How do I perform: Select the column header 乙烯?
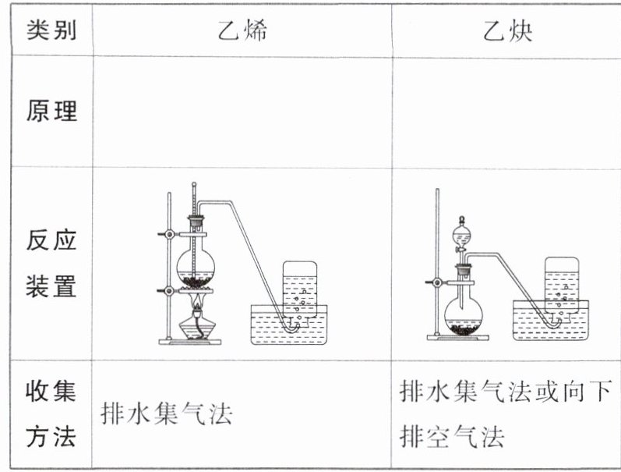click(243, 32)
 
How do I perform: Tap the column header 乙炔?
click(507, 32)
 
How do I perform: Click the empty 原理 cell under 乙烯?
click(242, 112)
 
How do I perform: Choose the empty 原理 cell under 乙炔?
click(506, 112)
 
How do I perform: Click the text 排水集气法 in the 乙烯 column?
click(167, 413)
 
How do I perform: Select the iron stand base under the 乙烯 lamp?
click(190, 341)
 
